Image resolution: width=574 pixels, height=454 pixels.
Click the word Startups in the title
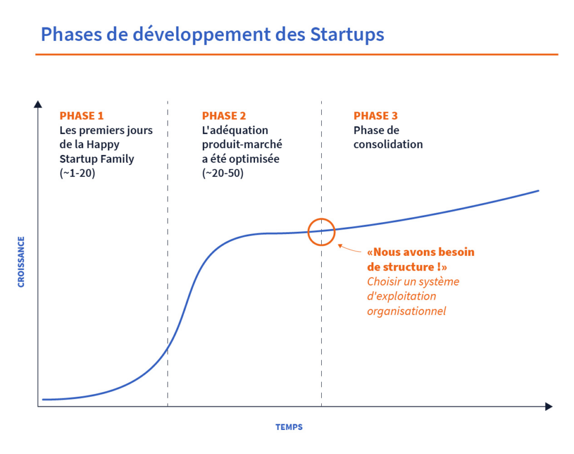pyautogui.click(x=347, y=35)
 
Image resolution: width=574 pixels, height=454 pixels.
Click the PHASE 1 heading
pyautogui.click(x=82, y=116)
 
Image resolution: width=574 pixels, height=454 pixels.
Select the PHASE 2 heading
pyautogui.click(x=224, y=116)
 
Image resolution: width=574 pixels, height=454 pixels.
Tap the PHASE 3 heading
pyautogui.click(x=376, y=116)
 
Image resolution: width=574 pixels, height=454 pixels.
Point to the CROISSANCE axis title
pyautogui.click(x=21, y=262)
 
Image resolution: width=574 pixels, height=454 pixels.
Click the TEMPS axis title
pyautogui.click(x=289, y=427)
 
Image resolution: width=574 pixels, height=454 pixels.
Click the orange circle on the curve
pyautogui.click(x=321, y=219)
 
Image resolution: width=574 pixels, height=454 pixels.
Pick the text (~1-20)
pyautogui.click(x=77, y=173)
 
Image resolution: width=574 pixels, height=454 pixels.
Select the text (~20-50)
pyautogui.click(x=223, y=173)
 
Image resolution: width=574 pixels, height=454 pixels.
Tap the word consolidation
pyautogui.click(x=388, y=144)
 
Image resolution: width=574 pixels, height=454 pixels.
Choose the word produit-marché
pyautogui.click(x=242, y=145)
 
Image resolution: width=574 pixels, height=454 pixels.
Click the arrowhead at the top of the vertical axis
pyautogui.click(x=38, y=104)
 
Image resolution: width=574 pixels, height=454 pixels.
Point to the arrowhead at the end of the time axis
pyautogui.click(x=548, y=406)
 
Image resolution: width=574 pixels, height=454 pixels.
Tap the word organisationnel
pyautogui.click(x=406, y=311)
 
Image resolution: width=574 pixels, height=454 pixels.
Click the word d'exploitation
pyautogui.click(x=401, y=296)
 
